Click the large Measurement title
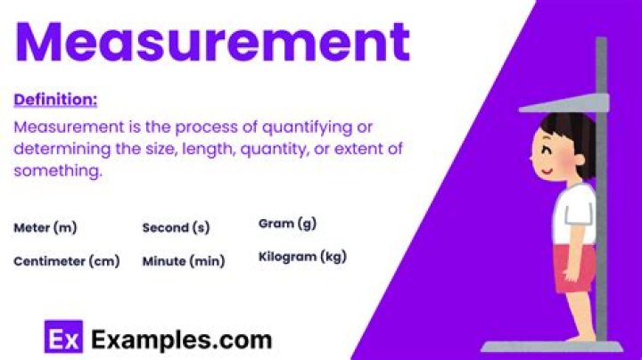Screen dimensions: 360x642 click(212, 42)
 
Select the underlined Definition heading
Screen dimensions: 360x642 click(55, 99)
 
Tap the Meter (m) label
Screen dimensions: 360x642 click(45, 227)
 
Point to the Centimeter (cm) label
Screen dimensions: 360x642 click(66, 261)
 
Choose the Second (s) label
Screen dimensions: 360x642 click(176, 227)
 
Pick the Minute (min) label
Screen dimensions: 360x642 click(183, 261)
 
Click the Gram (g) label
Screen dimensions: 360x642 click(287, 223)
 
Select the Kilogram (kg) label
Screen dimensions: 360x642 click(301, 257)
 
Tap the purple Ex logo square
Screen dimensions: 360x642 click(62, 339)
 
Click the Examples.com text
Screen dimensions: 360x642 click(182, 339)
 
